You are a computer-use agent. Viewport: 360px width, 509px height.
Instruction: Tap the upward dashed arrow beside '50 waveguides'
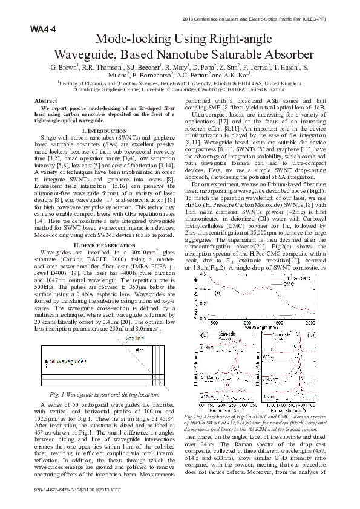[x=44, y=357]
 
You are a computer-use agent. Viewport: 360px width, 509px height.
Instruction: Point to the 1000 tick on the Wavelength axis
[x=246, y=323]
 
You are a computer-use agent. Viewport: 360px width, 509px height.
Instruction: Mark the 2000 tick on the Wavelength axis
[x=310, y=323]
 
